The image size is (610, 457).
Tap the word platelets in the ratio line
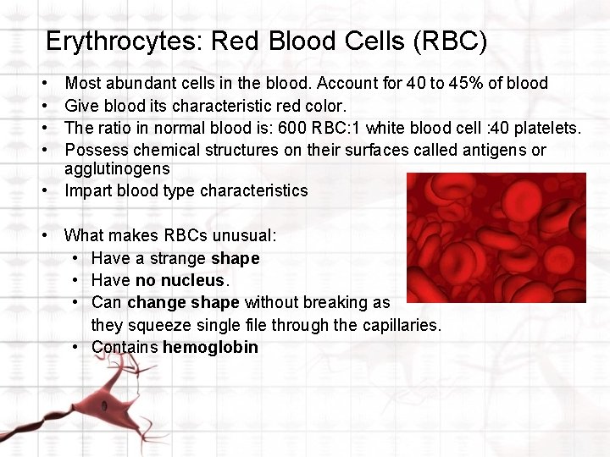(546, 128)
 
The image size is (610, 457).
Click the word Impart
(88, 190)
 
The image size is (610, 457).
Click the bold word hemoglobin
(210, 347)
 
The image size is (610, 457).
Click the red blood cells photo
(495, 238)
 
